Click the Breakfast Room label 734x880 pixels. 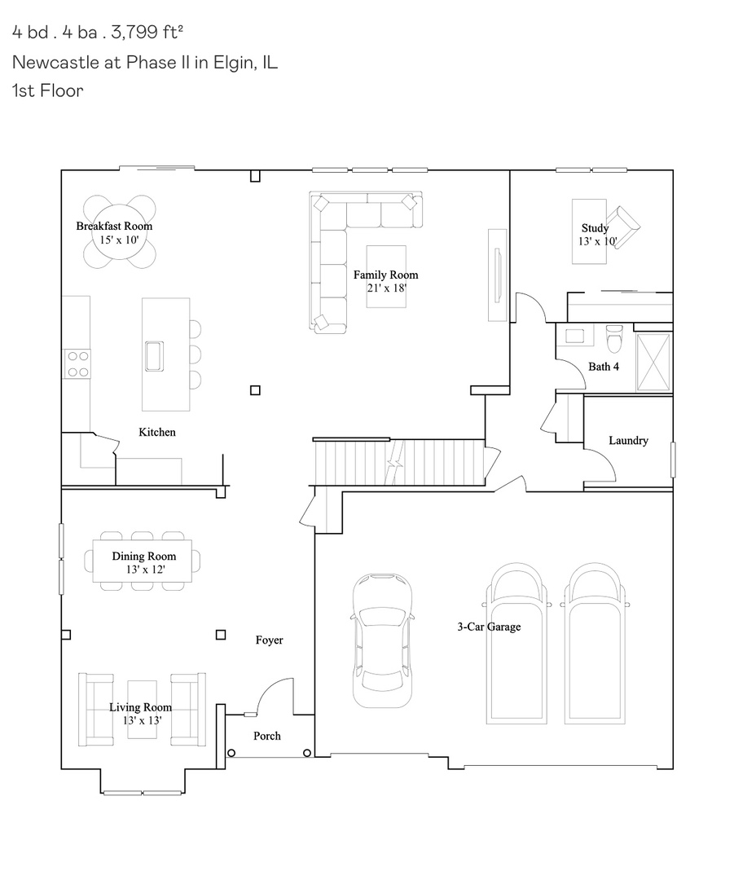[x=115, y=227]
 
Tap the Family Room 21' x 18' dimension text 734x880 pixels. [x=387, y=288]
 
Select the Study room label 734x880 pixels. [x=595, y=228]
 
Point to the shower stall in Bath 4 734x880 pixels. [x=653, y=362]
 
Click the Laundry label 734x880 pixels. [x=628, y=441]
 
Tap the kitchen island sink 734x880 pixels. [x=154, y=356]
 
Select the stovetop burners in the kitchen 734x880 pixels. [x=77, y=363]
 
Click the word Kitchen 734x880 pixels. [x=157, y=432]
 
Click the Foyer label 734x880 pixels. [x=270, y=640]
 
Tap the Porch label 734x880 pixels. [x=266, y=736]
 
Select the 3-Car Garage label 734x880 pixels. [x=489, y=627]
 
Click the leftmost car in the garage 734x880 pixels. [x=383, y=640]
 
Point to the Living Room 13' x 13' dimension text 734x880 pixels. [x=143, y=720]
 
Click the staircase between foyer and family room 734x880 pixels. [x=399, y=462]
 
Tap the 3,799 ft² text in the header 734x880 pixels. [x=147, y=32]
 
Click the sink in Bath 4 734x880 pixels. [x=574, y=336]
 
